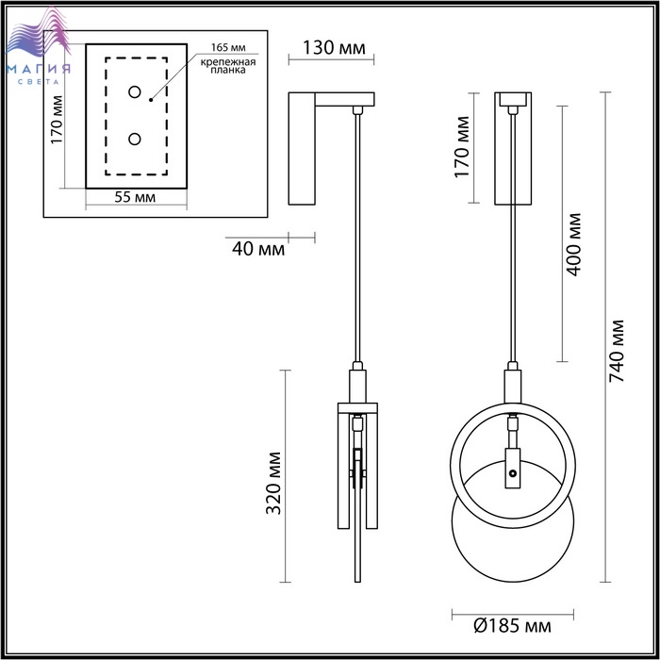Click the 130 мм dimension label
coord(334,48)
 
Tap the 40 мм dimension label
coord(258,249)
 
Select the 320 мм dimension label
coord(273,483)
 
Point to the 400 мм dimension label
coord(573,244)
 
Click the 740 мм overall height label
coord(617,351)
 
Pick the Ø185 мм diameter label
coord(512,626)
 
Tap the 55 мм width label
coord(135,197)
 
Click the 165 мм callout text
coord(228,47)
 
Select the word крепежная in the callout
coord(228,62)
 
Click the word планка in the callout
coord(228,70)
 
